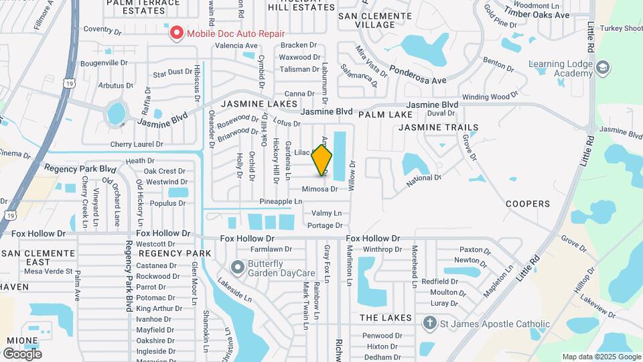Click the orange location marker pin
click(x=321, y=160)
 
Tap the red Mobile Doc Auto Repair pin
click(x=176, y=33)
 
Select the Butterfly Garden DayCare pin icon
click(x=236, y=267)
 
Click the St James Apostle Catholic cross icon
click(x=429, y=324)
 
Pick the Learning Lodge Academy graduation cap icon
click(x=603, y=68)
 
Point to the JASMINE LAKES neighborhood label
click(x=259, y=105)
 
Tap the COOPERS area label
click(x=528, y=204)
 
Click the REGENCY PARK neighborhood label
click(x=175, y=253)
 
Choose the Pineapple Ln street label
click(x=281, y=201)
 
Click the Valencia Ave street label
click(x=236, y=46)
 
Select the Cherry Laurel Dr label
click(x=137, y=144)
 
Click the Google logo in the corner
click(x=22, y=353)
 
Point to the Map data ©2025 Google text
click(x=601, y=357)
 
